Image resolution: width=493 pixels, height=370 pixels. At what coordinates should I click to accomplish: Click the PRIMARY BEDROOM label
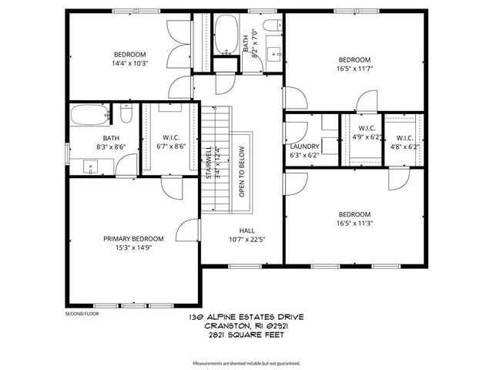coord(133,239)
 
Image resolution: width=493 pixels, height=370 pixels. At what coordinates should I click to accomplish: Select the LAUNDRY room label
coord(304,146)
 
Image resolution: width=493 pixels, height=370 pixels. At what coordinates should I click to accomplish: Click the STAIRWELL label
coord(208,163)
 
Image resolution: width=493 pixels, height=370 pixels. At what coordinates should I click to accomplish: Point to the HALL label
coord(246,230)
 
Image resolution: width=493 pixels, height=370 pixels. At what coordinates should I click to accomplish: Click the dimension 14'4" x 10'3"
coord(129,63)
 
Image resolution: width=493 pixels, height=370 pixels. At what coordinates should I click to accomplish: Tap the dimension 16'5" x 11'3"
coord(354,224)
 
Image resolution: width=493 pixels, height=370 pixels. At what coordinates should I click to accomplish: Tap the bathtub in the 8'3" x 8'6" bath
coord(93,116)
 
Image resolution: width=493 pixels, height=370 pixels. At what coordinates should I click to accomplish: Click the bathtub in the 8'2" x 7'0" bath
coord(226,34)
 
